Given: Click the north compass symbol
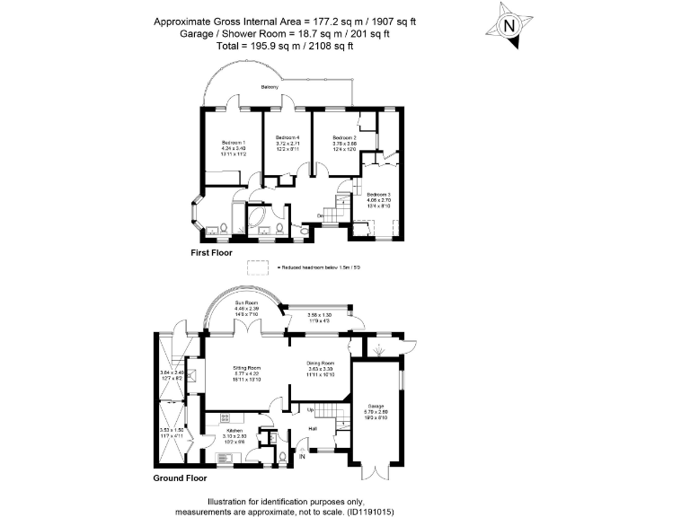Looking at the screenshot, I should [509, 25].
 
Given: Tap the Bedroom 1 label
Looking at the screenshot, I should [233, 144].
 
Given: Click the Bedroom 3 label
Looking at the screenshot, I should [377, 194].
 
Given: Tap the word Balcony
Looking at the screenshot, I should [269, 87].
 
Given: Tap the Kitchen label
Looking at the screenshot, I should [223, 432].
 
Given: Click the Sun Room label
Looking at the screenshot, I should [246, 303].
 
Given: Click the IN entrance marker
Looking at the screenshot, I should [302, 458].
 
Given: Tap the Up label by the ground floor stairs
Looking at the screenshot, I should [311, 411].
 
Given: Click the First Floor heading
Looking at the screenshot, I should [211, 253].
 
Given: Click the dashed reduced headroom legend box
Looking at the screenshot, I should [260, 267].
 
